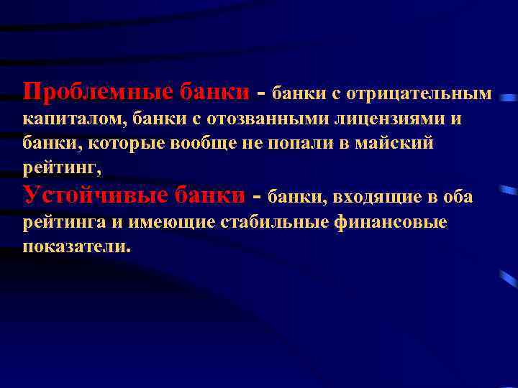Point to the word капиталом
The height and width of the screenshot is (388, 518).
tap(63, 119)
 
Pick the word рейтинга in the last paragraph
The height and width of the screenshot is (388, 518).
tap(63, 222)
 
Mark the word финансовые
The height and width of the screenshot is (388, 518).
tap(392, 222)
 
